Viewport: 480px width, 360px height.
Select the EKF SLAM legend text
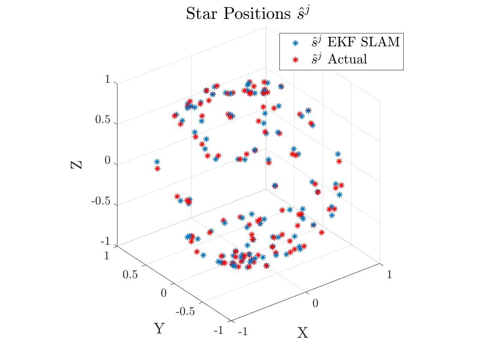click(x=363, y=42)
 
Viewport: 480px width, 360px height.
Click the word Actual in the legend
click(x=348, y=59)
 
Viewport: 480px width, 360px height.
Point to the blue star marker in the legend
click(x=295, y=42)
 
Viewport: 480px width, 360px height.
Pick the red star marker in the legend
click(x=295, y=59)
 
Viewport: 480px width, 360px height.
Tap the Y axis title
click(x=159, y=329)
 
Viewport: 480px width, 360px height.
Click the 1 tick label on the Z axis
click(x=107, y=80)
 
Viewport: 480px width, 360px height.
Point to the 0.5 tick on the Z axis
click(x=102, y=121)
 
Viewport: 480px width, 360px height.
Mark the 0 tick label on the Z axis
click(x=107, y=161)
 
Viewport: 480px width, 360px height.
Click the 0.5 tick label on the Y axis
click(x=130, y=275)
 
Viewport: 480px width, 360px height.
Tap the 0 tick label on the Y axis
click(x=163, y=293)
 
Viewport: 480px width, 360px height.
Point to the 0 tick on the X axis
click(x=315, y=303)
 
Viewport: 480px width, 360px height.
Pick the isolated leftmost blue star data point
click(x=157, y=162)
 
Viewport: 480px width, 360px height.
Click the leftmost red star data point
click(x=157, y=169)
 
